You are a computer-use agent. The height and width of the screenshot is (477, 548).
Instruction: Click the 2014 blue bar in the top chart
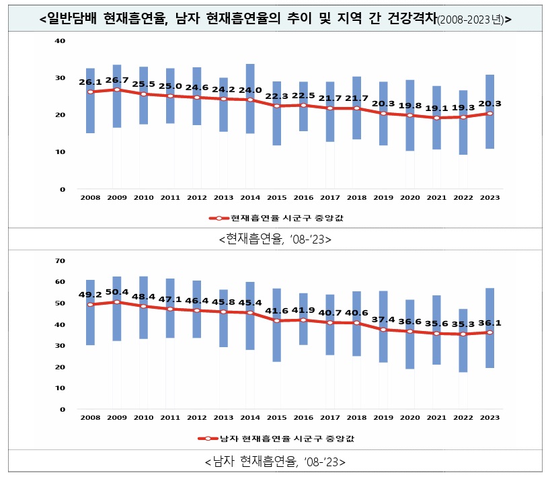(x=249, y=98)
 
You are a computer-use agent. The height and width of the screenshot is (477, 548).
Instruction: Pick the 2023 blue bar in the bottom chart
(x=490, y=328)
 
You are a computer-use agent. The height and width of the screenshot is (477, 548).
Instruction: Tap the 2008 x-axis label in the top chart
(x=90, y=198)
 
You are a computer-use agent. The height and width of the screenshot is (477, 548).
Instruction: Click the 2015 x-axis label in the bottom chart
(x=276, y=418)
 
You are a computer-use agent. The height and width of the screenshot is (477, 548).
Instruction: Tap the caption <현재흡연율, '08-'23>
(x=275, y=239)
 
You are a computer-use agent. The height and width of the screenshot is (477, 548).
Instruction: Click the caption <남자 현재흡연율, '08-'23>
(x=275, y=462)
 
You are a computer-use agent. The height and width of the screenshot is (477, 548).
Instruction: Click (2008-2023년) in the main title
(x=469, y=20)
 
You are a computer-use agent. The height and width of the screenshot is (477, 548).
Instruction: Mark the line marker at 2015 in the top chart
(x=276, y=106)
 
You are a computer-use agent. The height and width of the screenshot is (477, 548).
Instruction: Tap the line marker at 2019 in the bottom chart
(x=383, y=330)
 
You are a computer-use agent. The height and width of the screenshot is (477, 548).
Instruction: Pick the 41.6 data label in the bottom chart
(x=276, y=311)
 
